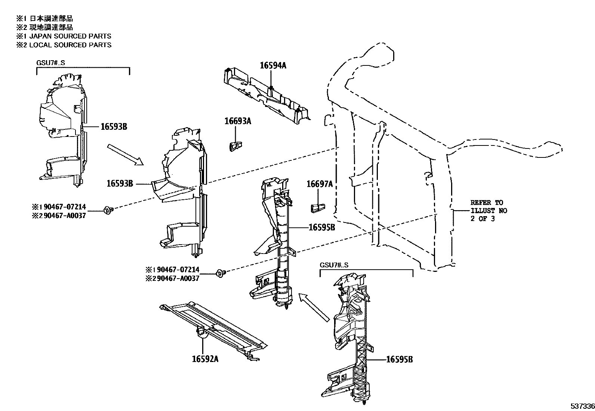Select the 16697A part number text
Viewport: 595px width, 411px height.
pyautogui.click(x=320, y=184)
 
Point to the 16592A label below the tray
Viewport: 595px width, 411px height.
pyautogui.click(x=205, y=359)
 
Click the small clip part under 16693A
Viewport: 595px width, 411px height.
pyautogui.click(x=234, y=146)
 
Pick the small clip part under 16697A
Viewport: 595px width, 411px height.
pyautogui.click(x=317, y=208)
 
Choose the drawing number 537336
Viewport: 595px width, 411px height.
pyautogui.click(x=582, y=406)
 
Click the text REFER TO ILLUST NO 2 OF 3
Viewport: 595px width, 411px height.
pyautogui.click(x=488, y=211)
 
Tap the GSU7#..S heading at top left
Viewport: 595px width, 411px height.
pyautogui.click(x=50, y=62)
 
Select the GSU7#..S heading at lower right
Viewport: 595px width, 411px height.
pyautogui.click(x=334, y=265)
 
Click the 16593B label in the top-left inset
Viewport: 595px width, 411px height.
pyautogui.click(x=114, y=127)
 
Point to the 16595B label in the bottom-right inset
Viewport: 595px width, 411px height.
pyautogui.click(x=399, y=359)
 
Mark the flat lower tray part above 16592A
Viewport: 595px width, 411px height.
pyautogui.click(x=213, y=325)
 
